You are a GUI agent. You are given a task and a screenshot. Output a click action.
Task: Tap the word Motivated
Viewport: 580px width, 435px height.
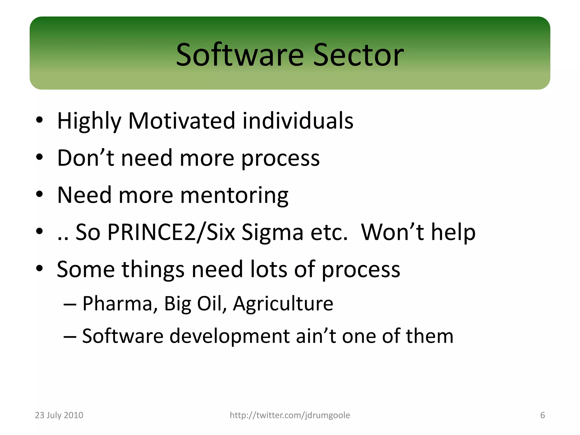(182, 121)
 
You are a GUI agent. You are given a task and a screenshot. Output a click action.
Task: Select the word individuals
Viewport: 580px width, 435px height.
(298, 121)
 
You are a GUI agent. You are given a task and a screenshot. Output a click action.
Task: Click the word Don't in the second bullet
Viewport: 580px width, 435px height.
(85, 158)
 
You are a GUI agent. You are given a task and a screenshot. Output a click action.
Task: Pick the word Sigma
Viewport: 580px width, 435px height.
(272, 232)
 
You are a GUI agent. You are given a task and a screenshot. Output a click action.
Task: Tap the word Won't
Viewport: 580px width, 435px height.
(392, 232)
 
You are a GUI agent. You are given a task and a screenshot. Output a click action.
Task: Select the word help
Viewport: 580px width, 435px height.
(453, 232)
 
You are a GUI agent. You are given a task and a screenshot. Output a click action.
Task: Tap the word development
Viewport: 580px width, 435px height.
(229, 336)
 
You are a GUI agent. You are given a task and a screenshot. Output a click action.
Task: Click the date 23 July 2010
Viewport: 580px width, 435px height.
(59, 415)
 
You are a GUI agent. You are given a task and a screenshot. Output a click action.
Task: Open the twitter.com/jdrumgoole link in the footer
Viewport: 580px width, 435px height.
(290, 415)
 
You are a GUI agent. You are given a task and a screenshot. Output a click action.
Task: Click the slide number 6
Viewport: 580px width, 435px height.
(542, 415)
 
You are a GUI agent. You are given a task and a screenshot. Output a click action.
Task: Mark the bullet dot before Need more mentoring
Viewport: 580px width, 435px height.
(39, 195)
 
